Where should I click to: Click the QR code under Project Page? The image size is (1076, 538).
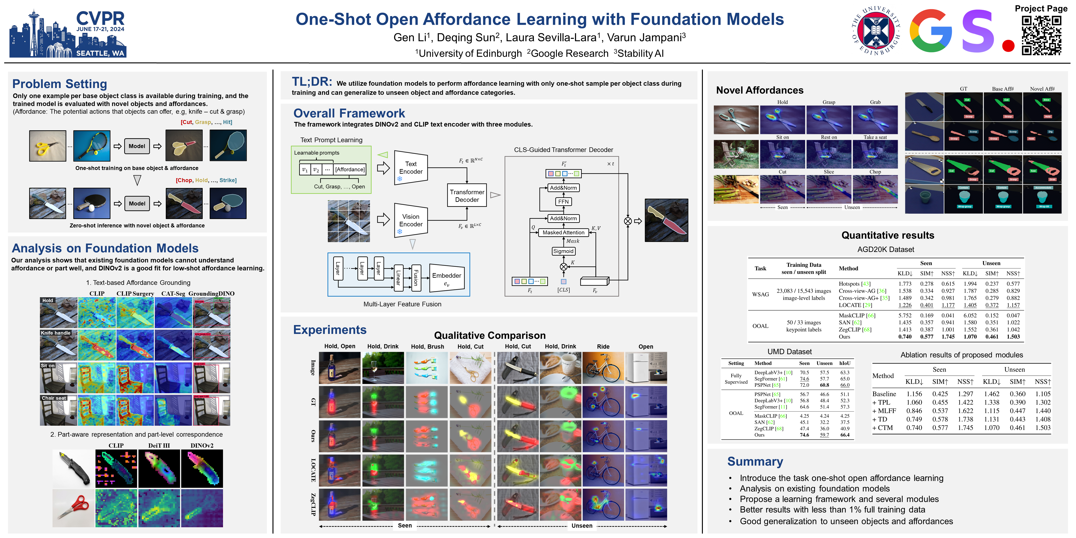(x=1041, y=35)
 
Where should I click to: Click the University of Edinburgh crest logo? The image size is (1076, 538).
(x=876, y=31)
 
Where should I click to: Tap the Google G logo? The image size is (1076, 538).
(x=930, y=31)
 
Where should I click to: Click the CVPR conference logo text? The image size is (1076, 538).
(x=100, y=19)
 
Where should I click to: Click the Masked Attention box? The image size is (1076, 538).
(x=563, y=233)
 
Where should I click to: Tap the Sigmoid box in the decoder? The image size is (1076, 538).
(x=563, y=251)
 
